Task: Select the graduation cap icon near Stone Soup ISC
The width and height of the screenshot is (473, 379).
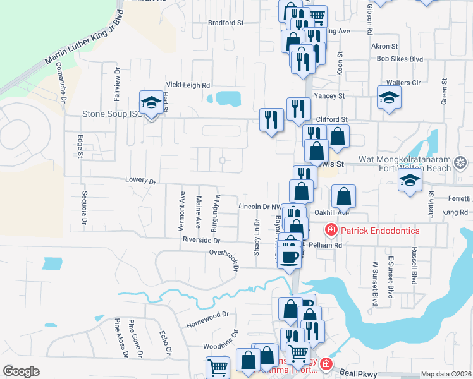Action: point(151,103)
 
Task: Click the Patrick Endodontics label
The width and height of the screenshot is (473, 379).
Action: point(380,231)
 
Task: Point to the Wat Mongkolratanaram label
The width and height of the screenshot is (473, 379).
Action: point(404,160)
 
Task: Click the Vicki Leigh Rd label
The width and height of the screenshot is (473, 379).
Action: point(188,85)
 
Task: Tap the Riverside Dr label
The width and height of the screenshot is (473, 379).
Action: point(200,241)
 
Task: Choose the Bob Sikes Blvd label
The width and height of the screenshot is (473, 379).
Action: point(399,59)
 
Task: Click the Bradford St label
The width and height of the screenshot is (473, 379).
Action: point(226,22)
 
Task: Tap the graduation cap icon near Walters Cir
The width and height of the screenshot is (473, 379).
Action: point(390,97)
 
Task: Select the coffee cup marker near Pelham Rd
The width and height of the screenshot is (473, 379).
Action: point(290,256)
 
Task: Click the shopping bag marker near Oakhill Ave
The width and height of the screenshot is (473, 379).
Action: point(343,196)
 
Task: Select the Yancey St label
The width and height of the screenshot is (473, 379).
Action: point(329,96)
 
